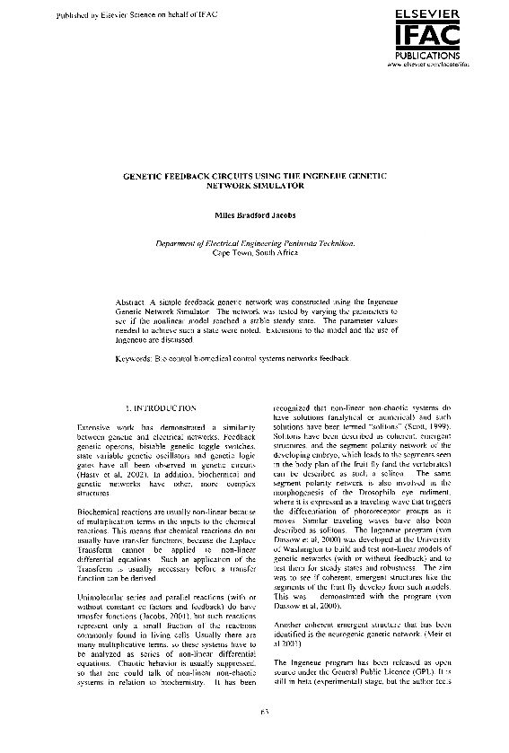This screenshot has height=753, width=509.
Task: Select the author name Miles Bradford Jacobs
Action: [x=255, y=215]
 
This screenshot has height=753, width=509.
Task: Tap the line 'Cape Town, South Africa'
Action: [x=255, y=253]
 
